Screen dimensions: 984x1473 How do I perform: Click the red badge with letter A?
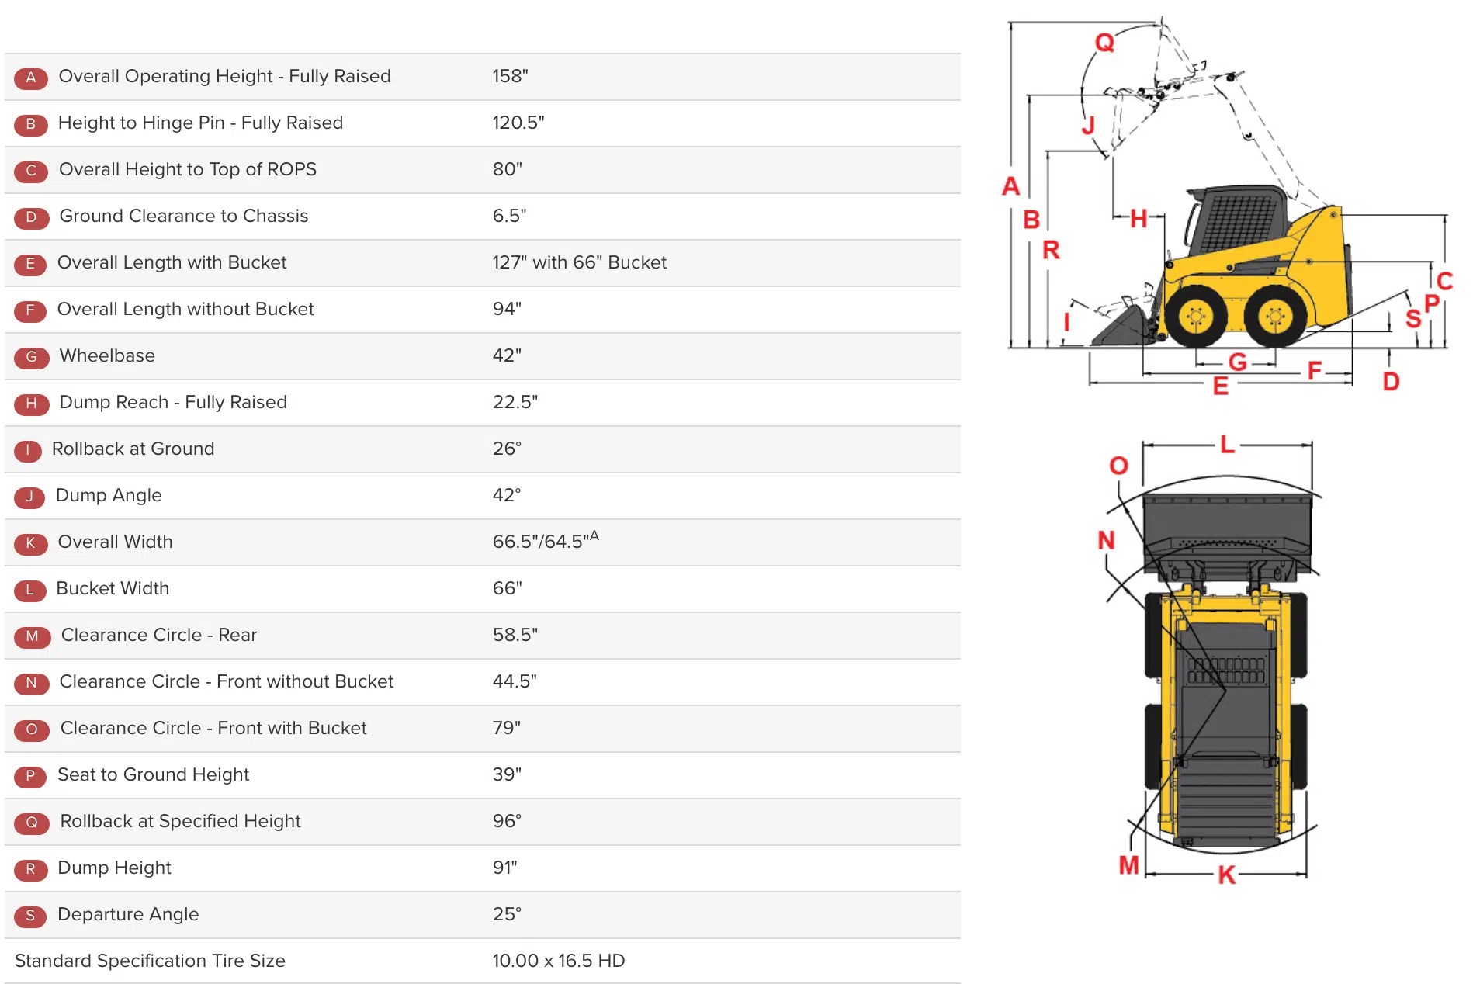tap(31, 78)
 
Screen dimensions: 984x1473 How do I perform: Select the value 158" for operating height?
tap(510, 76)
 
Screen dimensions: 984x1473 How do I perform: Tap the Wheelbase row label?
tap(107, 355)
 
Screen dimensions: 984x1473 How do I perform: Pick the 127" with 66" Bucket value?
tap(579, 262)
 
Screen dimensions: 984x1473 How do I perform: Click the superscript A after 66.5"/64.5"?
tap(594, 535)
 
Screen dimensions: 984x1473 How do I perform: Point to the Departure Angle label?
tap(128, 914)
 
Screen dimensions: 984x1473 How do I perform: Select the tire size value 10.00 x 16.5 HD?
tap(558, 961)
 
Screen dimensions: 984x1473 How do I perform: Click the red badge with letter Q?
tap(31, 823)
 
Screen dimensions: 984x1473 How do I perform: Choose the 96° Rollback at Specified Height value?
tap(507, 821)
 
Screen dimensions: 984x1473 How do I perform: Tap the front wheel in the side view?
tap(1196, 317)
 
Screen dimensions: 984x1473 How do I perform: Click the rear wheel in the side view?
tap(1275, 317)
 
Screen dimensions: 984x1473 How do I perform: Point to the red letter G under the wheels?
tap(1237, 362)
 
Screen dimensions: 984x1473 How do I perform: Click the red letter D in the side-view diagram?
tap(1391, 381)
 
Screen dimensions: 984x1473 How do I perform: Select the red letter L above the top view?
tap(1227, 445)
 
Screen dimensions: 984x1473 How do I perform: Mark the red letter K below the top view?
tap(1226, 875)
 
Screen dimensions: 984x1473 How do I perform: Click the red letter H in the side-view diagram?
tap(1139, 219)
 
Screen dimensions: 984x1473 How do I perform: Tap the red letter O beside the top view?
tap(1118, 466)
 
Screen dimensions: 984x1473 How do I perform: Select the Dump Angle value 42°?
tap(507, 495)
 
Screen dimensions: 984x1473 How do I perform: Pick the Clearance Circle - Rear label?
tap(158, 635)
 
